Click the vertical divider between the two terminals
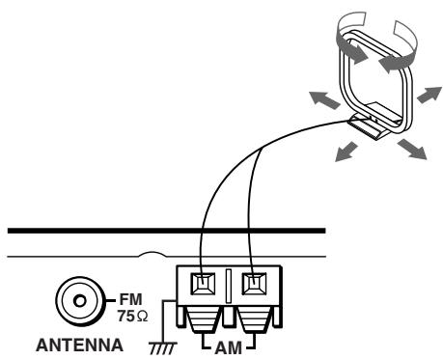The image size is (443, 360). [x=230, y=289]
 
